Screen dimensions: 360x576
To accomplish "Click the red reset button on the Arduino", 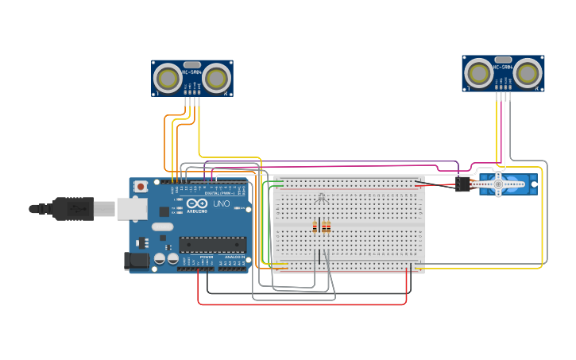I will (x=141, y=186).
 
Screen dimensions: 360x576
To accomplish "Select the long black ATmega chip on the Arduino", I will (x=212, y=245).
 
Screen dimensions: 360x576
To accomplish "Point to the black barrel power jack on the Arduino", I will (x=137, y=260).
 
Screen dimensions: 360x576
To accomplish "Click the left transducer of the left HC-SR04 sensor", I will (x=168, y=78).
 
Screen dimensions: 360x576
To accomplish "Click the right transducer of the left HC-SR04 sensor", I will (x=216, y=78).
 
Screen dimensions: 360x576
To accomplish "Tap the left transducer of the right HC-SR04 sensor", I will (x=479, y=73).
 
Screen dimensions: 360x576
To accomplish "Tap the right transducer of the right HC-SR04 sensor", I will (x=528, y=73).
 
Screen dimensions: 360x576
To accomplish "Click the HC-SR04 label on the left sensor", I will (x=191, y=73).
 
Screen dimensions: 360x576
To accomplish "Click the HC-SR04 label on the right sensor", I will (x=503, y=68).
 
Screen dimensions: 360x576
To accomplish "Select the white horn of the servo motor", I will (x=498, y=184).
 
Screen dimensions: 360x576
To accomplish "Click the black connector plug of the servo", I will (x=463, y=184).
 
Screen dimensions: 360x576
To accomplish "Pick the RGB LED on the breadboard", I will (x=321, y=198).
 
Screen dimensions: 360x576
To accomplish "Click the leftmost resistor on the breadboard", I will (x=315, y=227).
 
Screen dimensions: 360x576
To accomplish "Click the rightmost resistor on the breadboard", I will (x=328, y=227).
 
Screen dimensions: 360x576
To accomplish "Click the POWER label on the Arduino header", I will (x=206, y=257).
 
